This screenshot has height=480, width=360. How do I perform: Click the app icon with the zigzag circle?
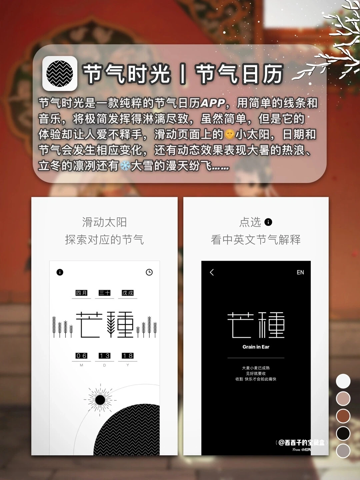pyautogui.click(x=60, y=73)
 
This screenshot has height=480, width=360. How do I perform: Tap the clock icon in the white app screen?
pyautogui.click(x=149, y=272)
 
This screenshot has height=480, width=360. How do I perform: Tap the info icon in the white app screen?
pyautogui.click(x=60, y=272)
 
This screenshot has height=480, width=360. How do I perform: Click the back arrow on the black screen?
pyautogui.click(x=212, y=272)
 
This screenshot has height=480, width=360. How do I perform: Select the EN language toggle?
pyautogui.click(x=300, y=272)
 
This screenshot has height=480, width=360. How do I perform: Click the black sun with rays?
pyautogui.click(x=100, y=400)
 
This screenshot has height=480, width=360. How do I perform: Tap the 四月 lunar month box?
pyautogui.click(x=81, y=293)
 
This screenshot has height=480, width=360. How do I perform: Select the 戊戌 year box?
pyautogui.click(x=128, y=293)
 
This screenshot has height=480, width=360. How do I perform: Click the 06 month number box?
pyautogui.click(x=81, y=356)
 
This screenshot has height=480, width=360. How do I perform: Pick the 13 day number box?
pyautogui.click(x=104, y=356)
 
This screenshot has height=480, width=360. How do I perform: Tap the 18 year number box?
pyautogui.click(x=128, y=356)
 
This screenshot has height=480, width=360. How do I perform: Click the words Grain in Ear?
pyautogui.click(x=256, y=347)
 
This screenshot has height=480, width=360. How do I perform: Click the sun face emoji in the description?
pyautogui.click(x=229, y=134)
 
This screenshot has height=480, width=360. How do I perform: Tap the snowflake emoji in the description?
pyautogui.click(x=125, y=166)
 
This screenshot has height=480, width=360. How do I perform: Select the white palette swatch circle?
pyautogui.click(x=343, y=381)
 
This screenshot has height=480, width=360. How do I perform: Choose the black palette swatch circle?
pyautogui.click(x=343, y=433)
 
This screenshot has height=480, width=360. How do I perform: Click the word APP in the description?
pyautogui.click(x=213, y=103)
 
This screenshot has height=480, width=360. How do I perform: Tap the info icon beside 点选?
pyautogui.click(x=268, y=222)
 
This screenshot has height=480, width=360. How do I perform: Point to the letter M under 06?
pyautogui.click(x=81, y=365)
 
